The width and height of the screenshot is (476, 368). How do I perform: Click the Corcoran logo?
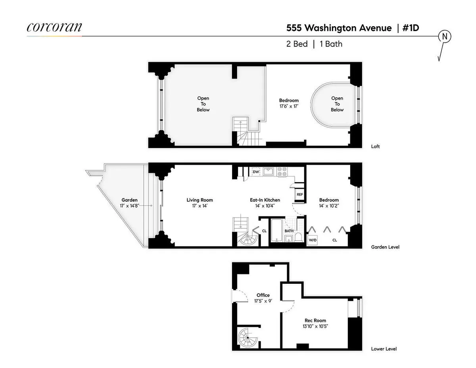pos(54,27)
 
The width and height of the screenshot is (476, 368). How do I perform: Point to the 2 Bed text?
pos(297,44)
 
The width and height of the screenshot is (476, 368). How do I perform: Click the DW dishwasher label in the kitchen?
pos(256,172)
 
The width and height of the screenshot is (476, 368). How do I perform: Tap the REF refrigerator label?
pos(300,195)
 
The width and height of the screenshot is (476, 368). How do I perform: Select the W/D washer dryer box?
pos(313,240)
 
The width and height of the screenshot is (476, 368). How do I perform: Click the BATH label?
pos(289,231)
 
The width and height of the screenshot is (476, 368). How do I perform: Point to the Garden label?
pos(130,200)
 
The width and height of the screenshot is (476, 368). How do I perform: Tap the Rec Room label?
pos(315,320)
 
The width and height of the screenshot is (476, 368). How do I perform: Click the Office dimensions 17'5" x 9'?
pos(263,301)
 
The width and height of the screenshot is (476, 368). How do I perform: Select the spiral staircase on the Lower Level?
pos(248,339)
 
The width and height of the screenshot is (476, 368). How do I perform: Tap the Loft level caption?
pos(375,146)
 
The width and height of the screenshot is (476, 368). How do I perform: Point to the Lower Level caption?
pos(384,349)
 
